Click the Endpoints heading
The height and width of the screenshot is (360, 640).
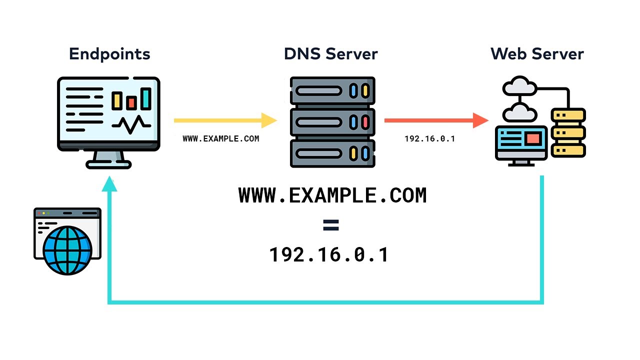click(109, 53)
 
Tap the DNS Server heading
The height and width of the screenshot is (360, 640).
click(330, 53)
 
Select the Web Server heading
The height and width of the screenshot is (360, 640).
click(537, 53)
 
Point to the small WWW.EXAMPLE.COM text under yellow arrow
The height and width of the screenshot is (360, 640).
click(221, 139)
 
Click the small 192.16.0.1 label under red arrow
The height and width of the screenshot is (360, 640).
click(429, 139)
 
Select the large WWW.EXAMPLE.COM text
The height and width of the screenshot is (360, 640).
click(332, 195)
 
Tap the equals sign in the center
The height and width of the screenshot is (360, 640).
click(330, 225)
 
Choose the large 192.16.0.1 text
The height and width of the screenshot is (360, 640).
click(329, 255)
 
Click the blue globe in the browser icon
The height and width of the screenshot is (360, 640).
click(67, 249)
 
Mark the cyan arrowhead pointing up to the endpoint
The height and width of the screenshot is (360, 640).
click(109, 184)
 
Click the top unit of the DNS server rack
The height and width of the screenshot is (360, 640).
click(332, 91)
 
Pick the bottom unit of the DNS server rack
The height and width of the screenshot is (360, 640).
click(332, 152)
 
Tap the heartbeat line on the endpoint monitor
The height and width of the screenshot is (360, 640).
click(131, 123)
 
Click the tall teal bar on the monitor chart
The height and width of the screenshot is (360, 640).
click(145, 98)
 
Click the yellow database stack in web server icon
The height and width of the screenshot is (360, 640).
click(568, 133)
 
